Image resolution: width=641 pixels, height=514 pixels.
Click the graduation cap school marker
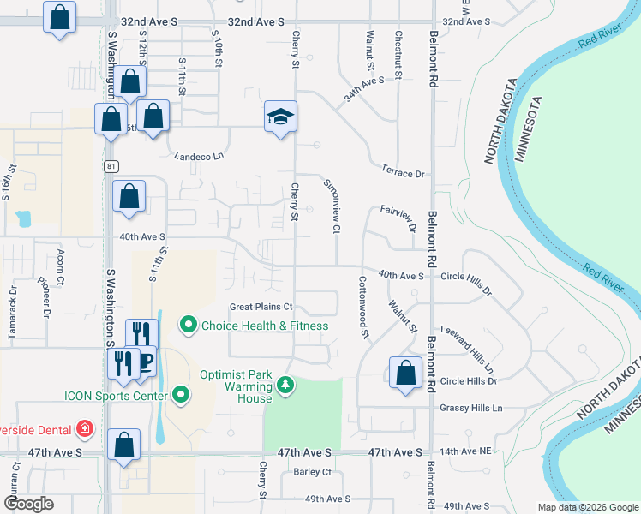click(280, 117)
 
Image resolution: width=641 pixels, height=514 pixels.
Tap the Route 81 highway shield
click(111, 165)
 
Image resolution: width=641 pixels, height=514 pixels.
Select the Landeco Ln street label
click(198, 156)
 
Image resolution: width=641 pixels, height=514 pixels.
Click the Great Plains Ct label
click(261, 307)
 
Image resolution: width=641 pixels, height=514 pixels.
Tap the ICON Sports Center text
click(118, 395)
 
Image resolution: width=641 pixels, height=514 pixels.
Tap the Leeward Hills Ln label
click(466, 348)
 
